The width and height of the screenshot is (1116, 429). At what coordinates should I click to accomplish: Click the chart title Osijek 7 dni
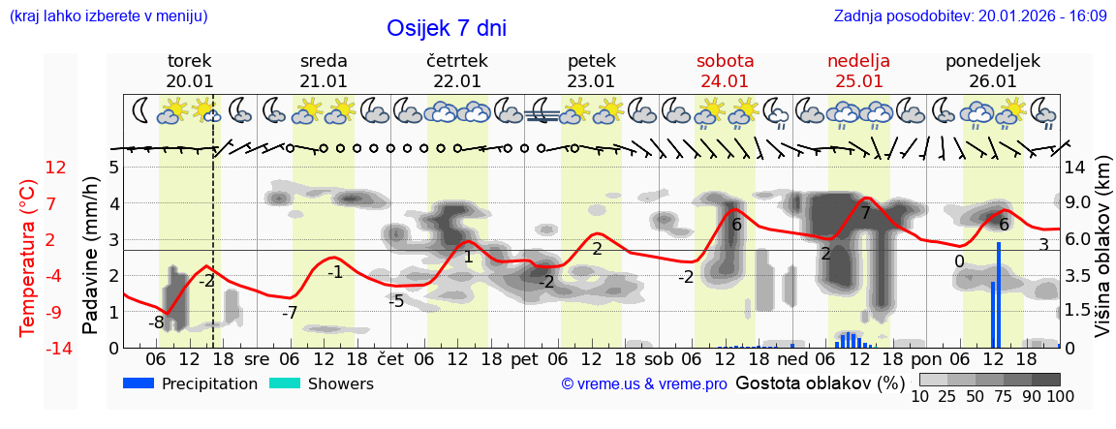click(447, 28)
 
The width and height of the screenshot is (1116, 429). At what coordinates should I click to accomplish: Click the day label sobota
click(725, 61)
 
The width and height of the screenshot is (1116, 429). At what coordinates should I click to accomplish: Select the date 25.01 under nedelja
click(858, 81)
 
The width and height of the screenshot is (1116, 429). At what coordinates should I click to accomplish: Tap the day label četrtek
click(456, 61)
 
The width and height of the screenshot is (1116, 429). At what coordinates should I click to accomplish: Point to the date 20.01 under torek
click(190, 81)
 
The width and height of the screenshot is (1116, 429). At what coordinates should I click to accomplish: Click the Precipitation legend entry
click(191, 383)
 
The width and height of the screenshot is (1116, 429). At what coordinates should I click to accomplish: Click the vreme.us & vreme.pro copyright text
click(644, 383)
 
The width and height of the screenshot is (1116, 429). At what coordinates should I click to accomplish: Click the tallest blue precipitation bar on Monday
click(998, 294)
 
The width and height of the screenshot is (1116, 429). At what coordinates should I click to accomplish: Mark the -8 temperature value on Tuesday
click(156, 322)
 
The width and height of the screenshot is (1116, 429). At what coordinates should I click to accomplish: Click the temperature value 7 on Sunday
click(865, 213)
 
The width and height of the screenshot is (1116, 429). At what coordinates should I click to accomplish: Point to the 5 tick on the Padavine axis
click(113, 167)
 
